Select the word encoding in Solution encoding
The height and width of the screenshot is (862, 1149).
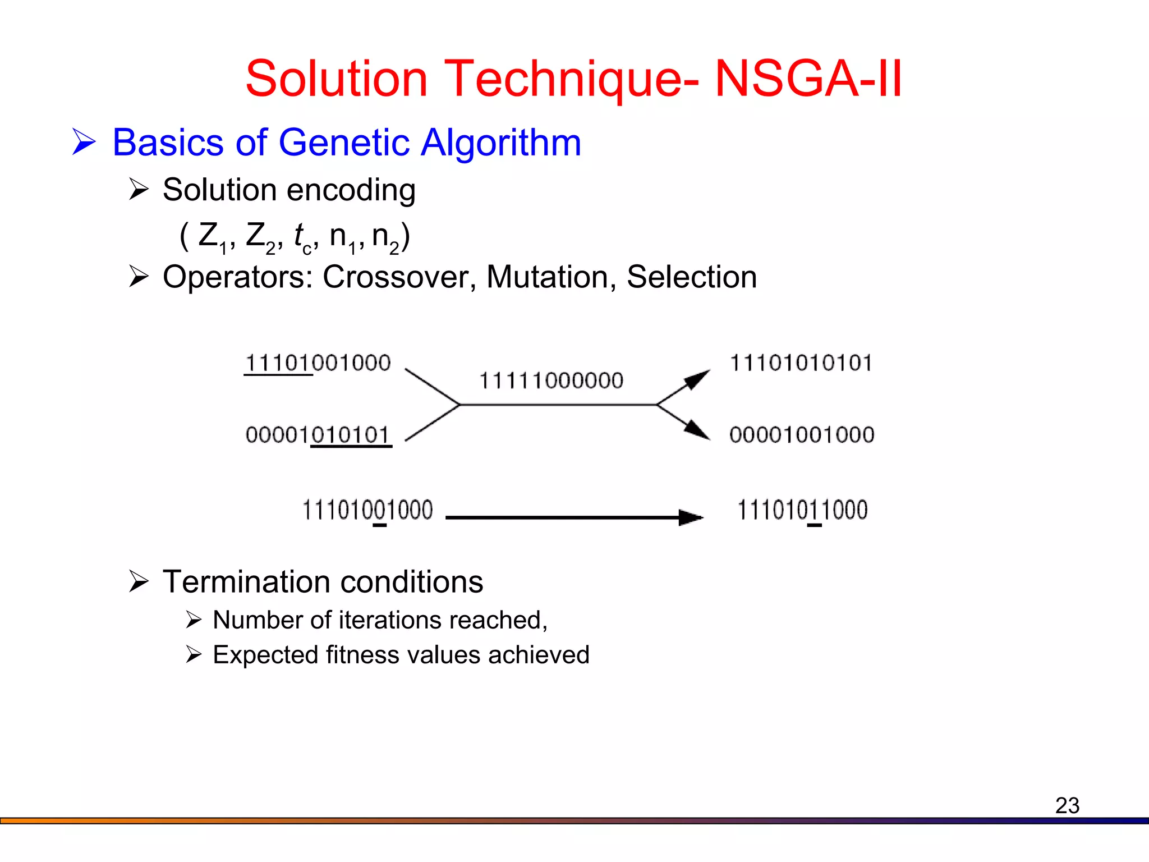pos(351,190)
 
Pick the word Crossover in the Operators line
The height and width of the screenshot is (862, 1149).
pos(399,277)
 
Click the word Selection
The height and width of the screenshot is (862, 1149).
pos(691,277)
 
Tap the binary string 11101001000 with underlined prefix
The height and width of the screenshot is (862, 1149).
pos(318,363)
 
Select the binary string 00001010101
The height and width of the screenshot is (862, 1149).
pos(318,435)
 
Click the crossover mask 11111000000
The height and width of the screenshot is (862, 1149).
pos(551,381)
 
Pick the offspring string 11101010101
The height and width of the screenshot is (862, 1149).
pos(801,363)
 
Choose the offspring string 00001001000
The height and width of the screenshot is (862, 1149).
pos(802,435)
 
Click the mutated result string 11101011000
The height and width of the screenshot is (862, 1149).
pos(802,511)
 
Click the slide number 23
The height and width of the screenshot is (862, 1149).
pos(1067,805)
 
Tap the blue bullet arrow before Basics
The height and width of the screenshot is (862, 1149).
pos(84,143)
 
